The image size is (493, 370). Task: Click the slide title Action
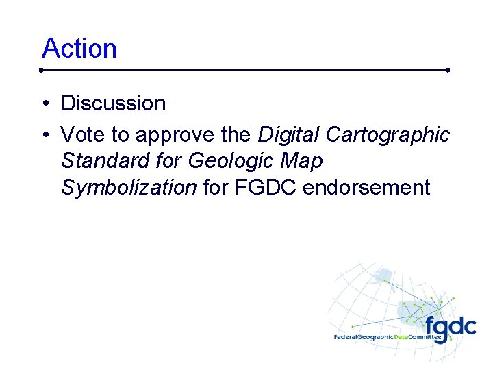(79, 49)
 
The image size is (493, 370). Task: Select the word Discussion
(114, 103)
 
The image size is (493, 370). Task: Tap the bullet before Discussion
(44, 104)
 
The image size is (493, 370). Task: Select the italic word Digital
(288, 135)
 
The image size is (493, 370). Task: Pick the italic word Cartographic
(388, 135)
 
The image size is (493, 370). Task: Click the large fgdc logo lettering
(450, 327)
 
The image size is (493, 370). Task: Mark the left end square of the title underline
(42, 70)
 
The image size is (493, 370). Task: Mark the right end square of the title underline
(447, 70)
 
